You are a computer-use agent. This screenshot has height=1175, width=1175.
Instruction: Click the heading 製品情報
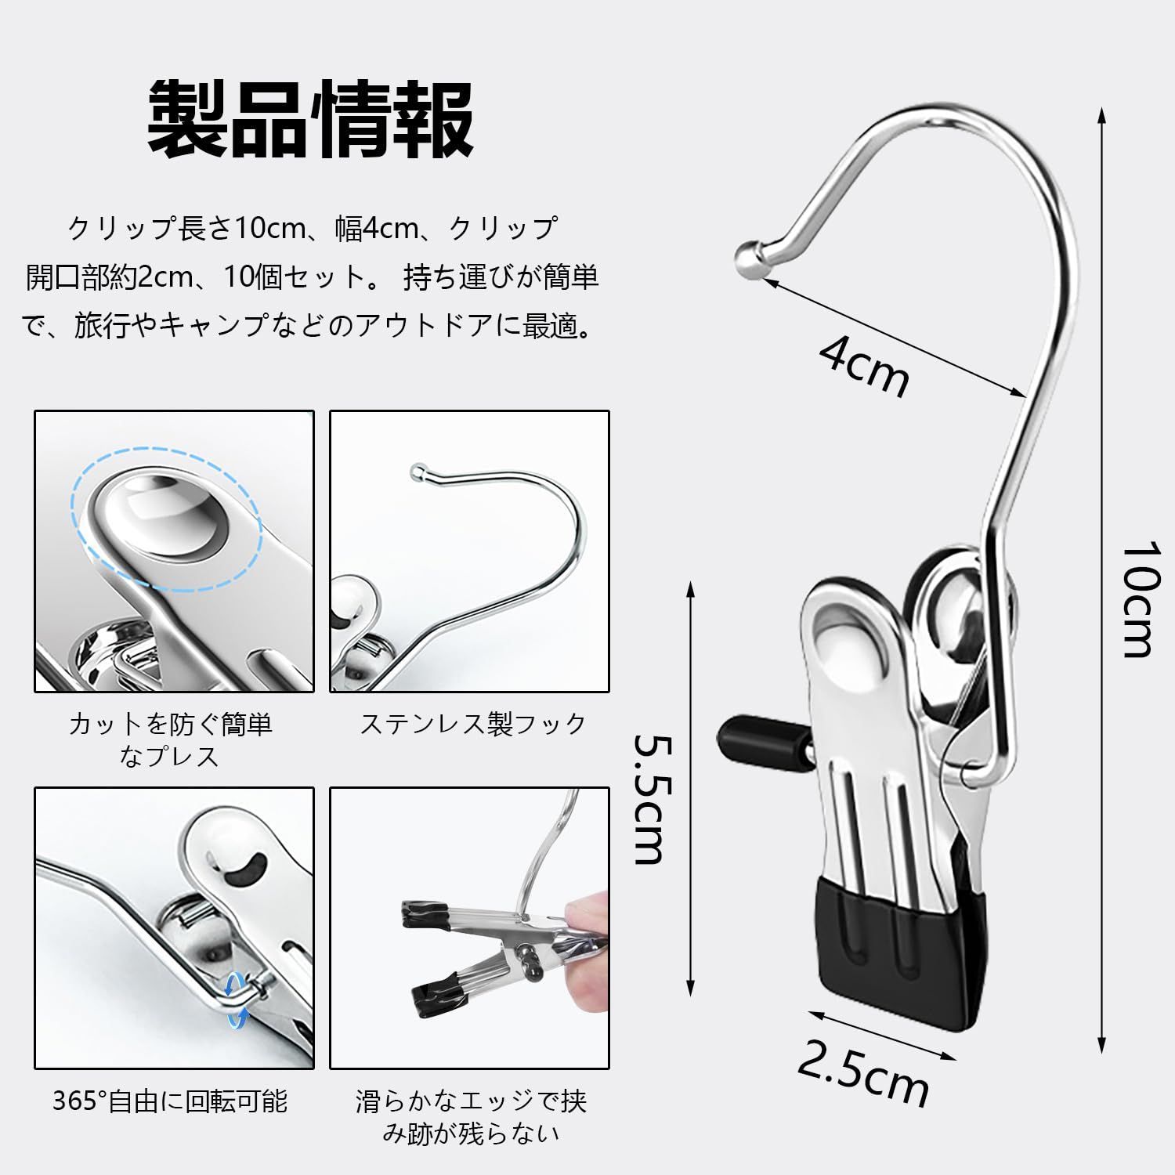click(311, 119)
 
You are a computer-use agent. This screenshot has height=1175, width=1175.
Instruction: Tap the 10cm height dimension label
click(1136, 599)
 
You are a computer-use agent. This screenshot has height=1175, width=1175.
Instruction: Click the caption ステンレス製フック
click(472, 723)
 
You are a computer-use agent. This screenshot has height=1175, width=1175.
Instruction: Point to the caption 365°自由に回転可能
click(171, 1101)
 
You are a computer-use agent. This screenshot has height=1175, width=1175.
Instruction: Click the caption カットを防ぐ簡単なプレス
click(171, 739)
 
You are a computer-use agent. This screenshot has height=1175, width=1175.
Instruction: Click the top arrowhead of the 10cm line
click(1102, 116)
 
